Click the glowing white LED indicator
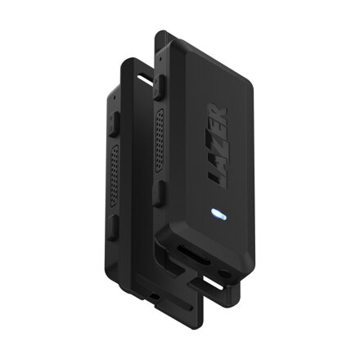click(218, 215)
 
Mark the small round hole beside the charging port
click(223, 267)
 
